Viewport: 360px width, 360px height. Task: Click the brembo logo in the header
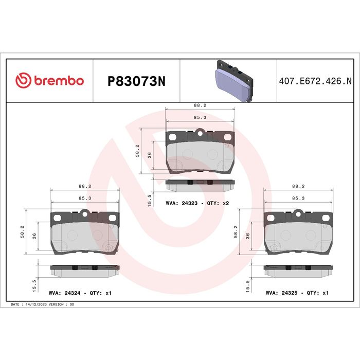click(49, 80)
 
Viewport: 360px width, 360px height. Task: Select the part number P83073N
click(136, 81)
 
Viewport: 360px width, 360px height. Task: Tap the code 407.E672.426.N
click(315, 81)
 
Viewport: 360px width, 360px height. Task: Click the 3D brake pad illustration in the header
click(235, 81)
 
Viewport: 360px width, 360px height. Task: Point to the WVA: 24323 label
click(182, 203)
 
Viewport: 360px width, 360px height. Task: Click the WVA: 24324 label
click(64, 293)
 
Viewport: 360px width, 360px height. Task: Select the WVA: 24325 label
click(281, 293)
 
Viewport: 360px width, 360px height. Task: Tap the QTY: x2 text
click(218, 203)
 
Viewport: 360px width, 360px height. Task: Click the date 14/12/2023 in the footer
click(37, 304)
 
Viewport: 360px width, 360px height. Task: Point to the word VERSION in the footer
click(56, 304)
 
